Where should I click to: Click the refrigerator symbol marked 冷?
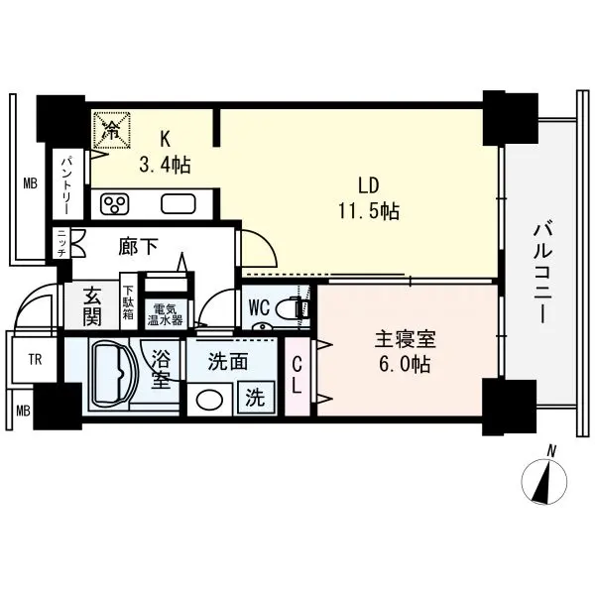click(x=112, y=129)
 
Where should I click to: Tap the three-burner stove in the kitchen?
click(x=115, y=205)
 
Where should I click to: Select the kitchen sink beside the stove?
click(x=178, y=205)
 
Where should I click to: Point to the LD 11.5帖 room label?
click(x=369, y=198)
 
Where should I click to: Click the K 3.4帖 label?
click(x=165, y=152)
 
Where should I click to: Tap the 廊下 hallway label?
click(x=138, y=247)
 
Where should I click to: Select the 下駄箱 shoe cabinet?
click(x=128, y=302)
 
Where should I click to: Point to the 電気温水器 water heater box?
click(x=165, y=313)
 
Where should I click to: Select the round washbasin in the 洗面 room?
click(x=209, y=400)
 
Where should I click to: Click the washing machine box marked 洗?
click(x=256, y=398)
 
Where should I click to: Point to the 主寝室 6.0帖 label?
click(x=405, y=352)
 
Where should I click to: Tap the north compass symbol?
click(x=544, y=480)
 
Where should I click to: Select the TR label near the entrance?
click(x=35, y=359)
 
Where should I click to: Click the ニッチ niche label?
click(x=61, y=244)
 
